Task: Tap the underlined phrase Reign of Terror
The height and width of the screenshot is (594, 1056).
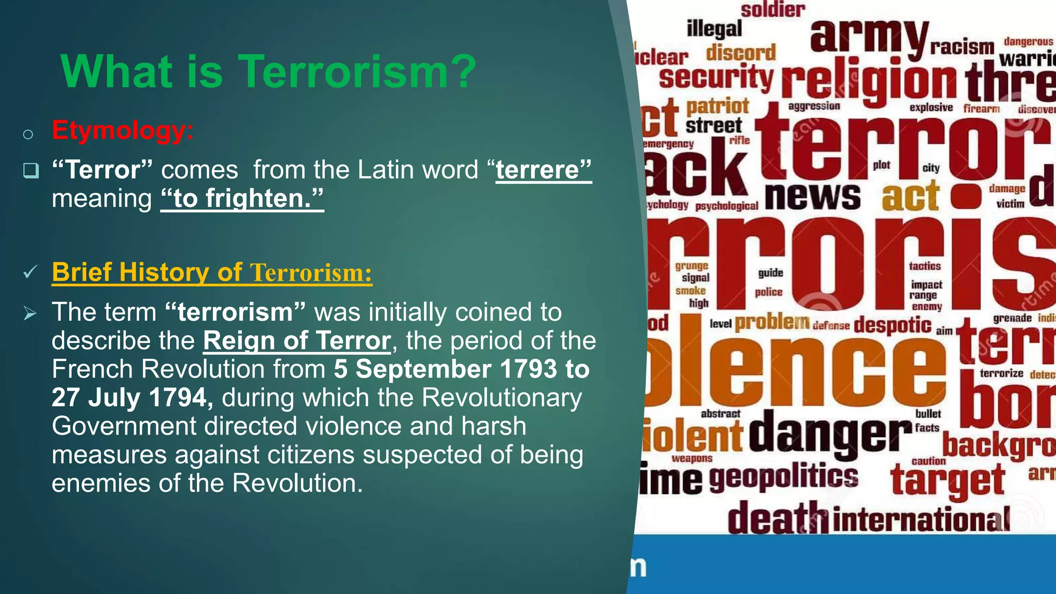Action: click(297, 341)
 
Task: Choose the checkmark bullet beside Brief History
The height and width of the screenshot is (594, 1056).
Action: click(30, 272)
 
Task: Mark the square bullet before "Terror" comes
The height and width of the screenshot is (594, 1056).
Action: click(31, 170)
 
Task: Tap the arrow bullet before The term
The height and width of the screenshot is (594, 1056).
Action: click(30, 312)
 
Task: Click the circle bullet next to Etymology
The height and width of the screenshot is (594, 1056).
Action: click(28, 135)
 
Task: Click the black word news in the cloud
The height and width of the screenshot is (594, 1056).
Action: click(812, 196)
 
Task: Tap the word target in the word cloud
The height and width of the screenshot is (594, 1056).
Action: click(947, 480)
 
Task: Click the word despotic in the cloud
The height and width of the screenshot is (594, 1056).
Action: click(893, 325)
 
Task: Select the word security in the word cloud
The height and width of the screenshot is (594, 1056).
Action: click(716, 77)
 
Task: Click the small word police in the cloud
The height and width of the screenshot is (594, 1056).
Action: click(768, 292)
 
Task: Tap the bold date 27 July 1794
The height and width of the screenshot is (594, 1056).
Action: click(132, 398)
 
